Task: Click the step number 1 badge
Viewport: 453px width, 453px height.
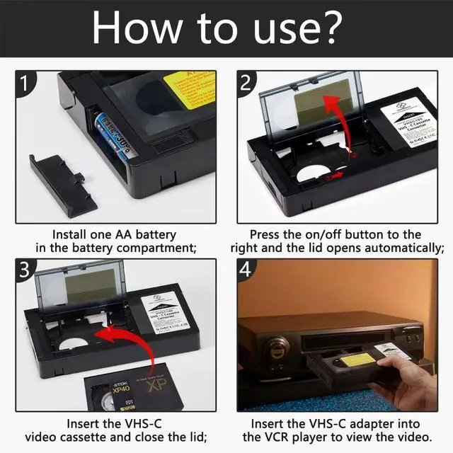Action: pos(26,85)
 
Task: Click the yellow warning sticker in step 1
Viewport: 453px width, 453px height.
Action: pos(190,88)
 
